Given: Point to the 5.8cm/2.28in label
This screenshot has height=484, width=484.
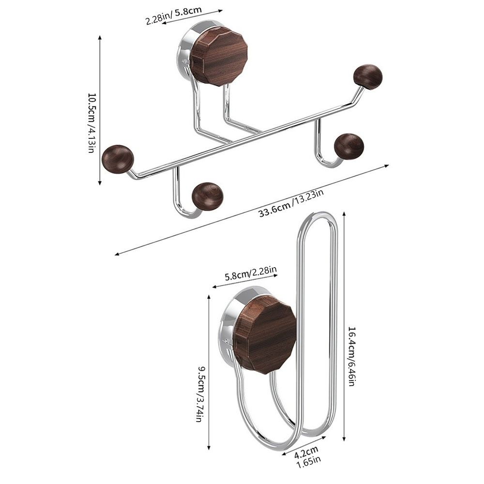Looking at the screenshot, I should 251,275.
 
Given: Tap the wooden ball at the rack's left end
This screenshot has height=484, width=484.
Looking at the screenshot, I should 118,158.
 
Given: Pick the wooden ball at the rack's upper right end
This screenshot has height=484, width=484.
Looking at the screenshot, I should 368,76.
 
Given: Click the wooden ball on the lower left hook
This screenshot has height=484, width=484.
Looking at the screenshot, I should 207,196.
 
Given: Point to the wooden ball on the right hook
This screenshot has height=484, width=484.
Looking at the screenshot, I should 349,146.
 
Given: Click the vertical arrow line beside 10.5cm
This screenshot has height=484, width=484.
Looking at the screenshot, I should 100,110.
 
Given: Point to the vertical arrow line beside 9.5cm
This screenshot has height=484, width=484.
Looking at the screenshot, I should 209,373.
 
